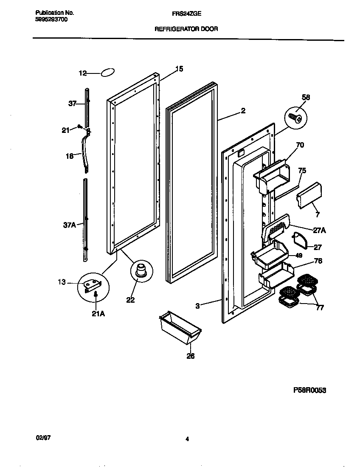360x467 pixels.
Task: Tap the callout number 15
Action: [179, 69]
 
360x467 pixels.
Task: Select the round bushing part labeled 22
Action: [141, 271]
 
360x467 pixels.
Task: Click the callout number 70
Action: [300, 145]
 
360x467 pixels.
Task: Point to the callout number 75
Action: [302, 171]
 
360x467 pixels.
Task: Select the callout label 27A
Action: [319, 231]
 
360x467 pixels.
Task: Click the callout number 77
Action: [319, 308]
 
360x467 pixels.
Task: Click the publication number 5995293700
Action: [51, 20]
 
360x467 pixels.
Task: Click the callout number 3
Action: [198, 304]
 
